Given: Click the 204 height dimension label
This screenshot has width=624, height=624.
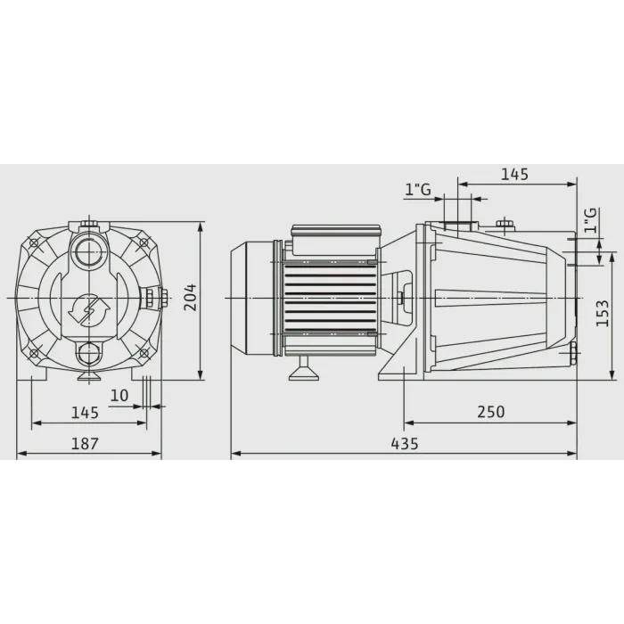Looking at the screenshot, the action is pos(190,297).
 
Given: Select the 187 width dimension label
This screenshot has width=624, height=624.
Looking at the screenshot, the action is pos(85,443).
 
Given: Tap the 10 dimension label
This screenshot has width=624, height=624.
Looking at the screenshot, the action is pos(119,396).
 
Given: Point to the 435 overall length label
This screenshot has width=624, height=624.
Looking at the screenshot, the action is pos(405,443).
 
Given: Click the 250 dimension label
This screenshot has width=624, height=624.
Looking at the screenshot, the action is pos(491,412).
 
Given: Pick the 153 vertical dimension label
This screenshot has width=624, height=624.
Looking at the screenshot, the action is pos(602,313).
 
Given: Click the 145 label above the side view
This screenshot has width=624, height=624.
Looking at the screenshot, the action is pos(514,175).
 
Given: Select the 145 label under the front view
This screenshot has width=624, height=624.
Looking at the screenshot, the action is pos(85,413).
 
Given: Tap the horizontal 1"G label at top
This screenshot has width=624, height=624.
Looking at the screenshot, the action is pos(418,189).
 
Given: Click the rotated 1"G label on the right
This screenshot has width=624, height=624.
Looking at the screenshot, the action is pos(591,220).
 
